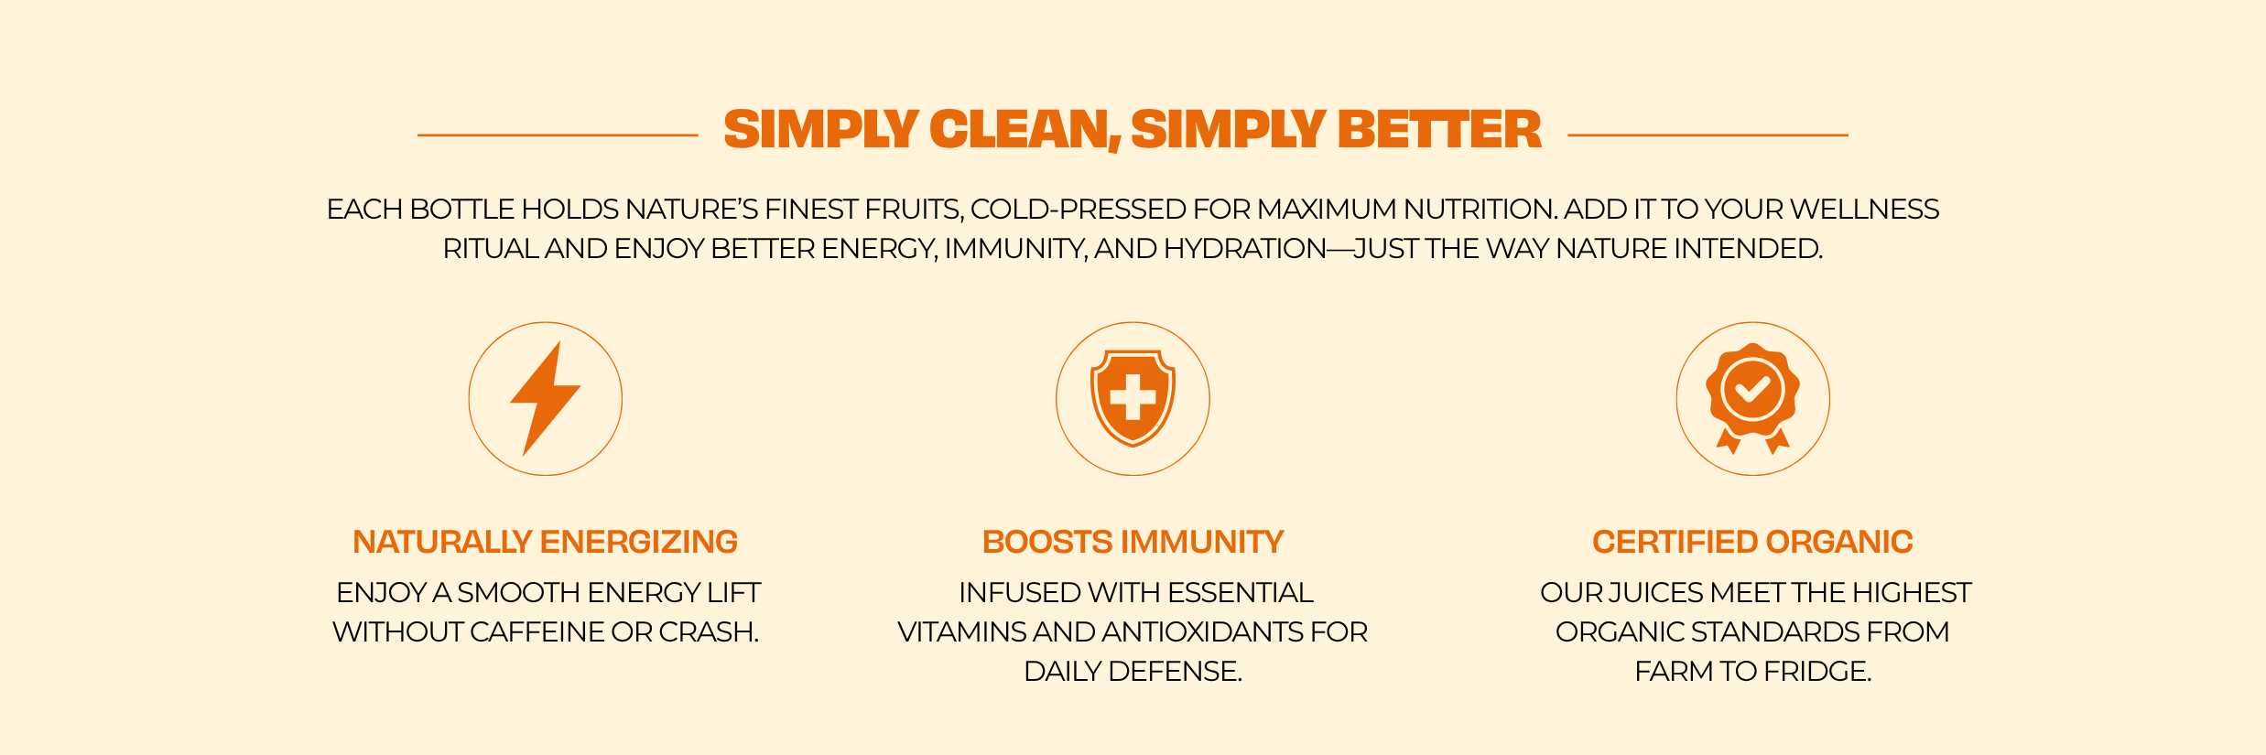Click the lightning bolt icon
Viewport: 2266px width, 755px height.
546,398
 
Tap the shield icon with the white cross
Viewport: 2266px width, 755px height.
1133,398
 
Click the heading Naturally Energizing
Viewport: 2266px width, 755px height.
545,542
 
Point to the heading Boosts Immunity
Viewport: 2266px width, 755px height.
1133,542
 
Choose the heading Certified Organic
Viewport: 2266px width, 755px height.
1752,542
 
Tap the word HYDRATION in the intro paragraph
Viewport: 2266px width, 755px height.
1245,249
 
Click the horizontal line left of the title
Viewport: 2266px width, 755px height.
558,135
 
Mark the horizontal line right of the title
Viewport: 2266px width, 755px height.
1708,135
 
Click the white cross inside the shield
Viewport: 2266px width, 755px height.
1133,397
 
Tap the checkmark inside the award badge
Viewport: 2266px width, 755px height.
1752,390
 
